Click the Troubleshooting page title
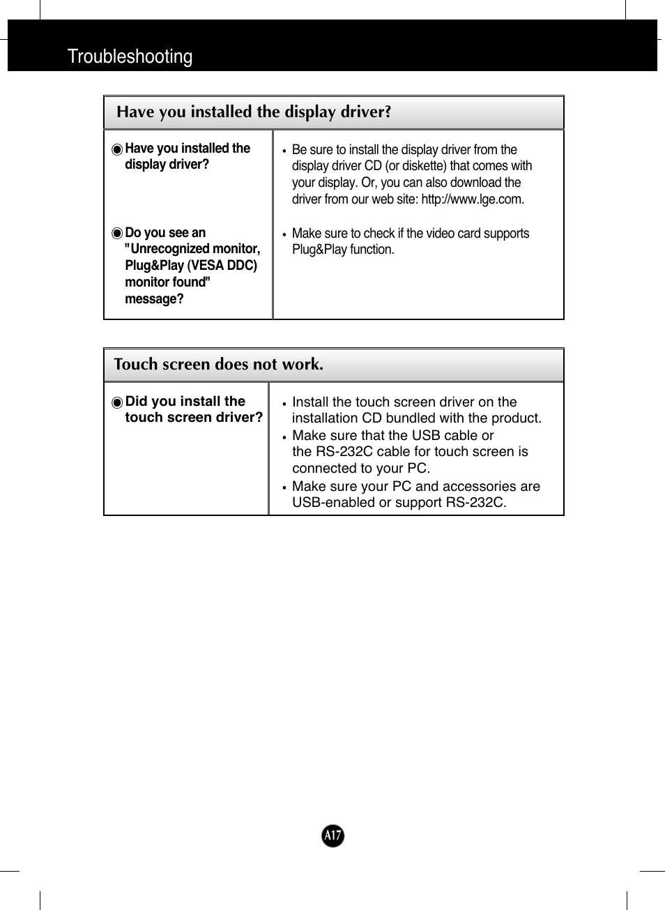[130, 56]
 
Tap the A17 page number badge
[332, 835]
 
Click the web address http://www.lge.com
[472, 199]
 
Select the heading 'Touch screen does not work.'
[218, 364]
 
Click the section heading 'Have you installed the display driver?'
[254, 112]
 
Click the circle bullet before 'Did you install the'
[117, 402]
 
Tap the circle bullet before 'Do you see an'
[117, 233]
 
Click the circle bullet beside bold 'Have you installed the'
[117, 149]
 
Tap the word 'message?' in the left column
[154, 299]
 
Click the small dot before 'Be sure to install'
[284, 151]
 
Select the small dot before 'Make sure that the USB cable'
[284, 437]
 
